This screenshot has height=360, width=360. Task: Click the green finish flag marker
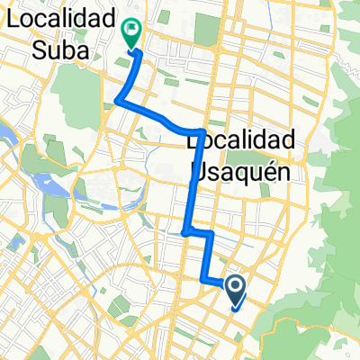[131, 33]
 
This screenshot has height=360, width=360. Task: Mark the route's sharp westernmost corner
[117, 102]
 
